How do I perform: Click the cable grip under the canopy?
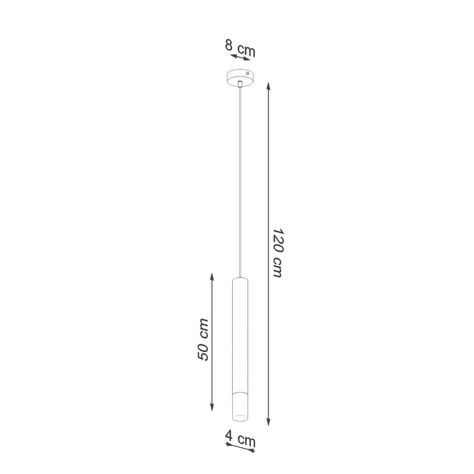239,84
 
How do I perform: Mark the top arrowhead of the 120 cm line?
267,86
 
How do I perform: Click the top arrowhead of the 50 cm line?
212,275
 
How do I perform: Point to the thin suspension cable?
239,179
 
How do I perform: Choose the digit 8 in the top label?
228,46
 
